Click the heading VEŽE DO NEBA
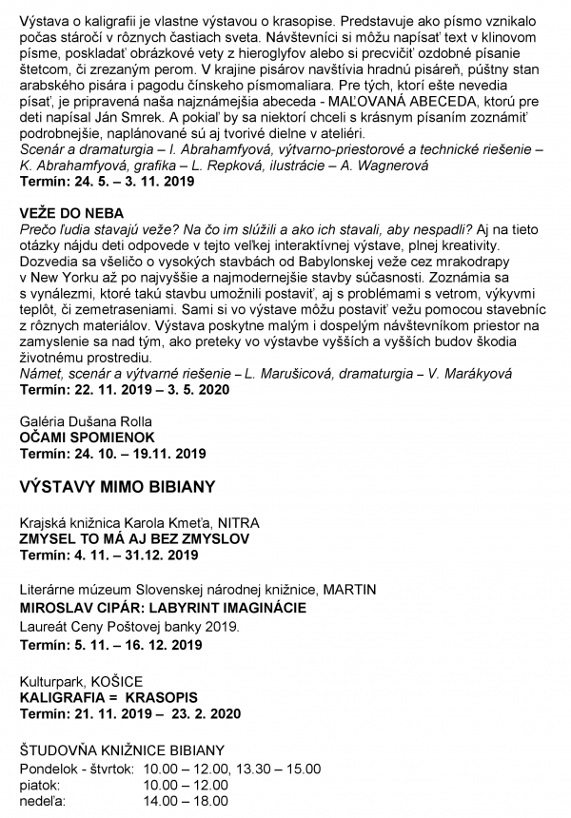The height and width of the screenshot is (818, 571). pos(68,216)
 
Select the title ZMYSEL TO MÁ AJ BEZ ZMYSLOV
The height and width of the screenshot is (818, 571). pos(134,538)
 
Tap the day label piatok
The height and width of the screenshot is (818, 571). pos(40,786)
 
